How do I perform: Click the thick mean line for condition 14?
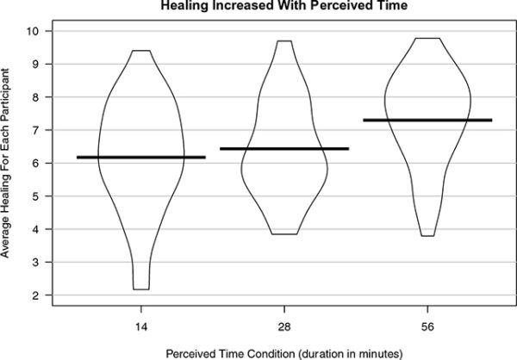click(141, 157)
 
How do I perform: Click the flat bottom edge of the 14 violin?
click(141, 289)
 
